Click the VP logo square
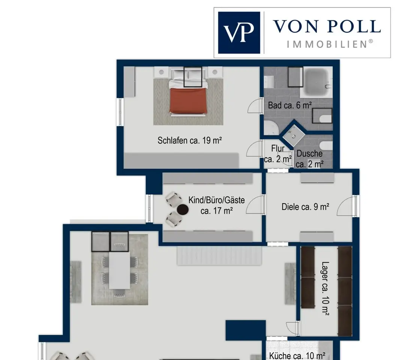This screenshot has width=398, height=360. coord(239,33)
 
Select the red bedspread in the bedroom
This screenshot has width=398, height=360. coord(188,100)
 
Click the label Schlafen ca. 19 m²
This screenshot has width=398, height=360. coord(190,141)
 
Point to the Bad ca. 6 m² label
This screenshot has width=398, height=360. coord(289,105)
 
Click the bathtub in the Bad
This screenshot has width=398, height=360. coord(316,82)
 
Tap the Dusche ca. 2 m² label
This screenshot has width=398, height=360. coord(310,159)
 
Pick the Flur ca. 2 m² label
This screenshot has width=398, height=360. coord(278,154)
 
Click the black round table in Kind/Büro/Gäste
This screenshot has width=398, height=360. coord(182,210)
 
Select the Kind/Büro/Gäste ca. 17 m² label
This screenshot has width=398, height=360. coord(217,205)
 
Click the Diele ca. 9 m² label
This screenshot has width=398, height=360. coord(305,207)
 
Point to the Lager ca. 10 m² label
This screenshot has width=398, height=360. coord(325,288)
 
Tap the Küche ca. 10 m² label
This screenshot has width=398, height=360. coord(297,356)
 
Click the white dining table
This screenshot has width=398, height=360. coord(119,270)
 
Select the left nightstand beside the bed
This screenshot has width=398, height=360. coord(161,72)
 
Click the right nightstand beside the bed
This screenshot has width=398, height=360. coord(215,72)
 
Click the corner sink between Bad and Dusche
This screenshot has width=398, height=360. coord(294,136)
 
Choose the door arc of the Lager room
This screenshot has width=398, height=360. coord(291,327)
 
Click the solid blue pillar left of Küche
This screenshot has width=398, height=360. coord(246,330)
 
